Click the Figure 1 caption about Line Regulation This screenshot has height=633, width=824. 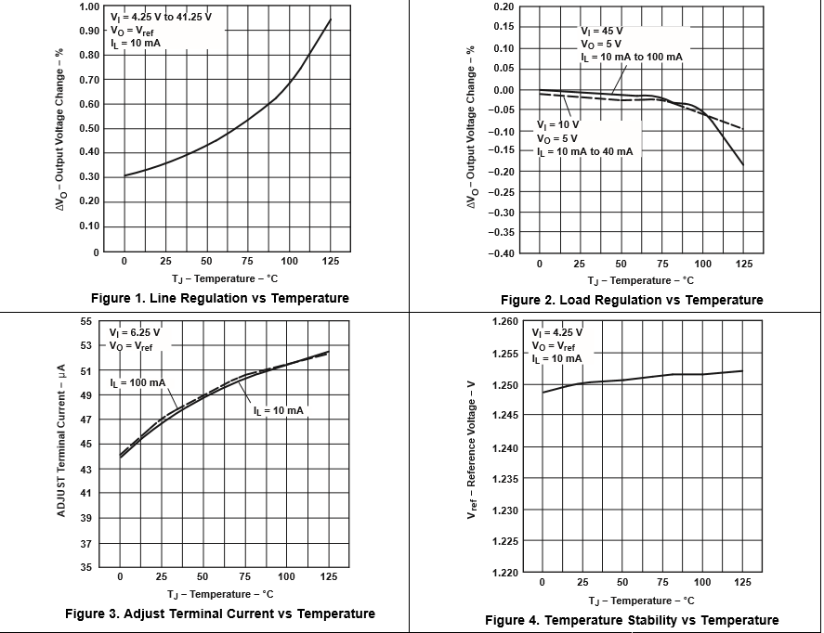click(220, 298)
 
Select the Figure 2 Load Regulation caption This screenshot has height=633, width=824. click(631, 300)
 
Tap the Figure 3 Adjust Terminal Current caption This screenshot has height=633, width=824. click(220, 614)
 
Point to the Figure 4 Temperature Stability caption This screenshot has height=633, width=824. click(632, 620)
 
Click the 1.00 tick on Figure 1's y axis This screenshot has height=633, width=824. click(89, 7)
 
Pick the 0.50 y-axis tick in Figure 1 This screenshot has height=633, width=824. click(89, 129)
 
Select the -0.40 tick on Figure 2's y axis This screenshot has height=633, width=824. click(502, 254)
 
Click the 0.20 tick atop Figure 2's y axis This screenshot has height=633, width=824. click(504, 7)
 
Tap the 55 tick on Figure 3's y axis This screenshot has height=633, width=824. click(86, 321)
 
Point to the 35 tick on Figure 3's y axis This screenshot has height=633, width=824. click(86, 566)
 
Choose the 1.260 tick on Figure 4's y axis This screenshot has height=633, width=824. click(506, 322)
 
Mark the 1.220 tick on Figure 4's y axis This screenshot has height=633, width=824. click(506, 573)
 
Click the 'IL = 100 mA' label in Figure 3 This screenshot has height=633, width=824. click(137, 382)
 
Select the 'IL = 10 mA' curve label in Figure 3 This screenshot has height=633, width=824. click(278, 410)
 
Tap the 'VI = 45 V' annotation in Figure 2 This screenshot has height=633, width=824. click(602, 31)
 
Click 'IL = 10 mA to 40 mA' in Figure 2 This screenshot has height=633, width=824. click(585, 151)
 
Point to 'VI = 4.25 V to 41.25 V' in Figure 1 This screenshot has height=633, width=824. click(160, 16)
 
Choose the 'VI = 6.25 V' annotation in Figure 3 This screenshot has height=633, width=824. click(135, 332)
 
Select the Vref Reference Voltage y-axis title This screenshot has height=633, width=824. click(472, 447)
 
